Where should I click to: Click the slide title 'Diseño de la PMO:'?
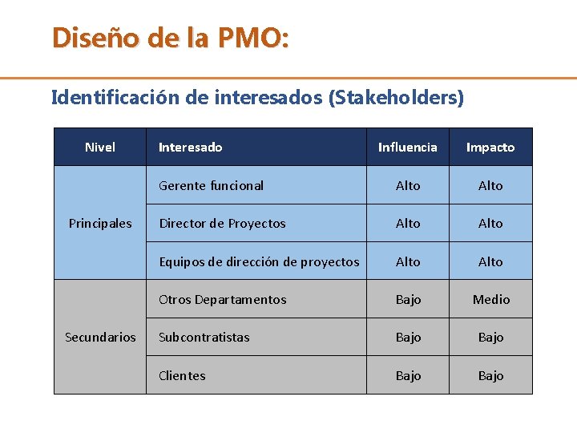[170, 38]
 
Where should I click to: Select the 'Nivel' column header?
[100, 147]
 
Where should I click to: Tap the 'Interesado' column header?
[190, 147]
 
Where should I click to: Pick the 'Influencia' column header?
[407, 147]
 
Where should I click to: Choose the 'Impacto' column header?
[490, 147]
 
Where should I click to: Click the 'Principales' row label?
[100, 223]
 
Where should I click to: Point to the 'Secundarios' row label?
[100, 337]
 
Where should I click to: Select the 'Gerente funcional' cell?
[211, 185]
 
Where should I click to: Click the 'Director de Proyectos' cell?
[222, 223]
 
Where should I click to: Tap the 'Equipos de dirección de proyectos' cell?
[259, 261]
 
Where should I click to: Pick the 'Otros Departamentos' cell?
[222, 299]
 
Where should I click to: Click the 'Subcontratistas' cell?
[204, 337]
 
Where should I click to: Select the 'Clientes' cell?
[182, 375]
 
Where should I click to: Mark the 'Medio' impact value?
[490, 299]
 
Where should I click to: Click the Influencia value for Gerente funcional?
[408, 185]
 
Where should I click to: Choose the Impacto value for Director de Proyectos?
[490, 223]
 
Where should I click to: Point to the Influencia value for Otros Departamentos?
[408, 299]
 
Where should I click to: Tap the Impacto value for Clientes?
[490, 375]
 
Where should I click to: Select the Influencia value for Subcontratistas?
[408, 337]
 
